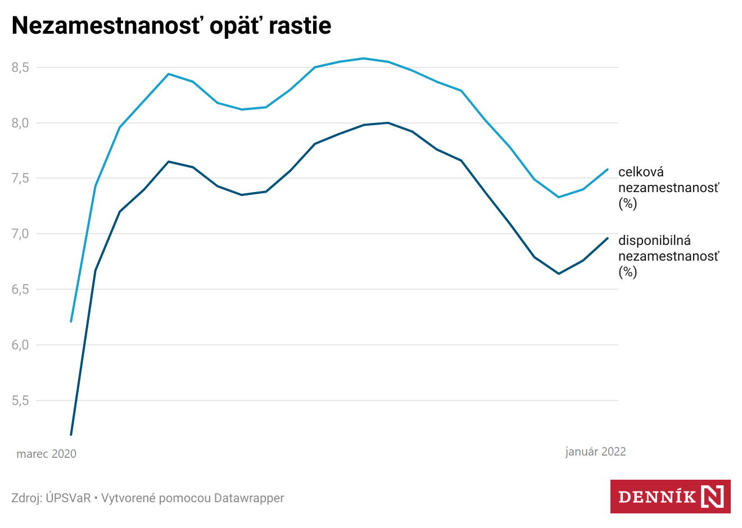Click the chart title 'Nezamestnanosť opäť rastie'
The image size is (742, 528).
pyautogui.click(x=171, y=26)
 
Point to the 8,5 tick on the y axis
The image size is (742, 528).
pyautogui.click(x=20, y=67)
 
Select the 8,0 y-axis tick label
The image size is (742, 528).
pyautogui.click(x=20, y=123)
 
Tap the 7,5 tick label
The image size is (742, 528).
pyautogui.click(x=20, y=178)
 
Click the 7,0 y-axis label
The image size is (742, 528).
pyautogui.click(x=20, y=234)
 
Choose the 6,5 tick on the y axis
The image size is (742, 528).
pyautogui.click(x=20, y=289)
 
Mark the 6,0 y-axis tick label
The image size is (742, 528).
pyautogui.click(x=20, y=345)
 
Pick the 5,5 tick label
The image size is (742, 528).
pyautogui.click(x=20, y=400)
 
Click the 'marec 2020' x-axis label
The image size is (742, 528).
pyautogui.click(x=47, y=454)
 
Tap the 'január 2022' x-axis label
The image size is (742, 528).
pyautogui.click(x=595, y=452)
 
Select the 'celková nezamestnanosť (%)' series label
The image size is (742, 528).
pyautogui.click(x=668, y=188)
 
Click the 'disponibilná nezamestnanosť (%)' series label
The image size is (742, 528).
pyautogui.click(x=668, y=256)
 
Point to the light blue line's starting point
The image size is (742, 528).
pyautogui.click(x=71, y=321)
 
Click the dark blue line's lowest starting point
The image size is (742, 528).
pyautogui.click(x=71, y=434)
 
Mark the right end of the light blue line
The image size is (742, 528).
pyautogui.click(x=608, y=169)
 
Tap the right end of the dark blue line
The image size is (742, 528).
pyautogui.click(x=608, y=238)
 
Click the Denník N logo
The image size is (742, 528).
pyautogui.click(x=670, y=497)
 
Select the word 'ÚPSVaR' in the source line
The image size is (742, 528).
pyautogui.click(x=68, y=498)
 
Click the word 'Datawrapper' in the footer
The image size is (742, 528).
pyautogui.click(x=249, y=498)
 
